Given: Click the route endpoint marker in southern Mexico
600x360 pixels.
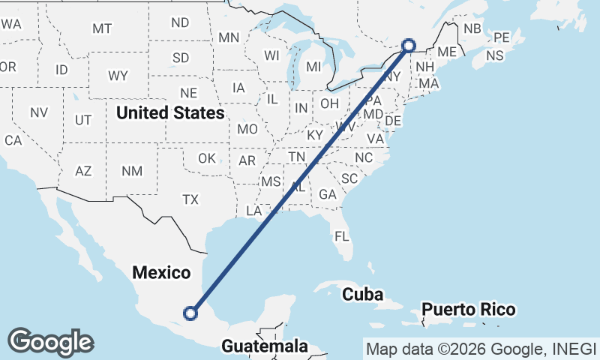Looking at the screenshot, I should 191,313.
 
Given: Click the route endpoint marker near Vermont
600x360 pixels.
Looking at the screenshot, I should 409,45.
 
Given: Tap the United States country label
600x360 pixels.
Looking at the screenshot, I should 171,113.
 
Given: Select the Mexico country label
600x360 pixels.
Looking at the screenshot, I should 161,272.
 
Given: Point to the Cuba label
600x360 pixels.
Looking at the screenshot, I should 363,294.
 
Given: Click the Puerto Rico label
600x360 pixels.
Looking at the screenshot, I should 468,309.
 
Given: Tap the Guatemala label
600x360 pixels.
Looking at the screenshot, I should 265,346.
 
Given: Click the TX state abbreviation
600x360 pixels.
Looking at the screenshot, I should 190,199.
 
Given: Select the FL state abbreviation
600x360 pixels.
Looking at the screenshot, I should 342,236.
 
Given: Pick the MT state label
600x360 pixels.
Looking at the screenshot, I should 102,28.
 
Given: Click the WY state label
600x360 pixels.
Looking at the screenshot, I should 118,76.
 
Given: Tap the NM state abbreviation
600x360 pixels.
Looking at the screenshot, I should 132,171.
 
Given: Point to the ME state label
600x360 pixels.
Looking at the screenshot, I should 447,52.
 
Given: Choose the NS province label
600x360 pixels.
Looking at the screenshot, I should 495,55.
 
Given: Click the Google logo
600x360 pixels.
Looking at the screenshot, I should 50,342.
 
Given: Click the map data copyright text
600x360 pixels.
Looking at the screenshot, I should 481,348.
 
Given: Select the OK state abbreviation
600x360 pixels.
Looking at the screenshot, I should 207,158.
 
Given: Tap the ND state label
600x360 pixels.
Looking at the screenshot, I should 180,22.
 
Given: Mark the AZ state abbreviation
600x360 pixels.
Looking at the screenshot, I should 83,171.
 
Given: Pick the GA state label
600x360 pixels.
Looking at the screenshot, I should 327,194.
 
